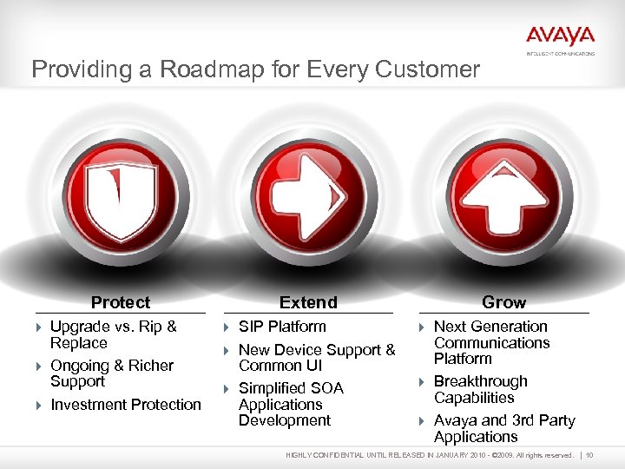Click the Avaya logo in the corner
coord(560,36)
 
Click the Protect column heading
coord(121,302)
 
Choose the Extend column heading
coord(308,302)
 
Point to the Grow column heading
coord(503,302)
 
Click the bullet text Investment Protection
coord(126,405)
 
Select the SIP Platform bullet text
coord(282,327)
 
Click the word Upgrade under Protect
coord(81,327)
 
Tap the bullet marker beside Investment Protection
coord(39,406)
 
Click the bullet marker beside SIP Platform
coord(227,327)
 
